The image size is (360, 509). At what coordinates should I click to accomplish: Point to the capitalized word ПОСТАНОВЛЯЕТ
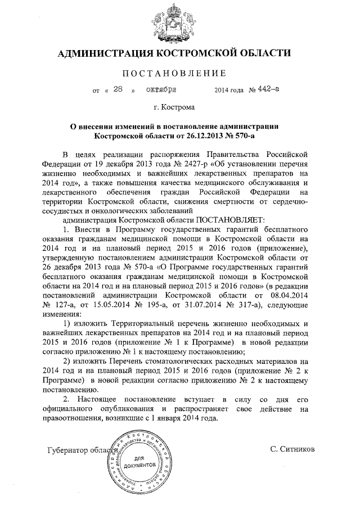(225, 220)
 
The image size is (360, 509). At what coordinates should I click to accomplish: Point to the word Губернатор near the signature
(69, 450)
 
